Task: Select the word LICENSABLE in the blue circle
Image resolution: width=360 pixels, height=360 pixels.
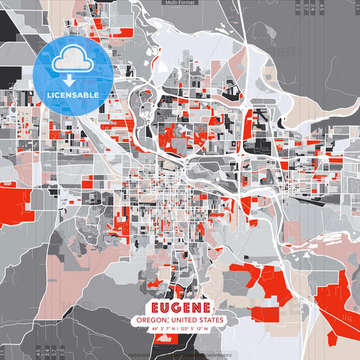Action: (73, 95)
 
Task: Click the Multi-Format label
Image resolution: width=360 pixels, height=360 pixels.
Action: (179, 3)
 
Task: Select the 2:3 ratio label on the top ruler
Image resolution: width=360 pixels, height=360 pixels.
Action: (298, 7)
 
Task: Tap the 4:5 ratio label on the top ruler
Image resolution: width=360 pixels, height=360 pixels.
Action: (322, 7)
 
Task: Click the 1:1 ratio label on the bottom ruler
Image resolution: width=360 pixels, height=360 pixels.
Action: (6, 352)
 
